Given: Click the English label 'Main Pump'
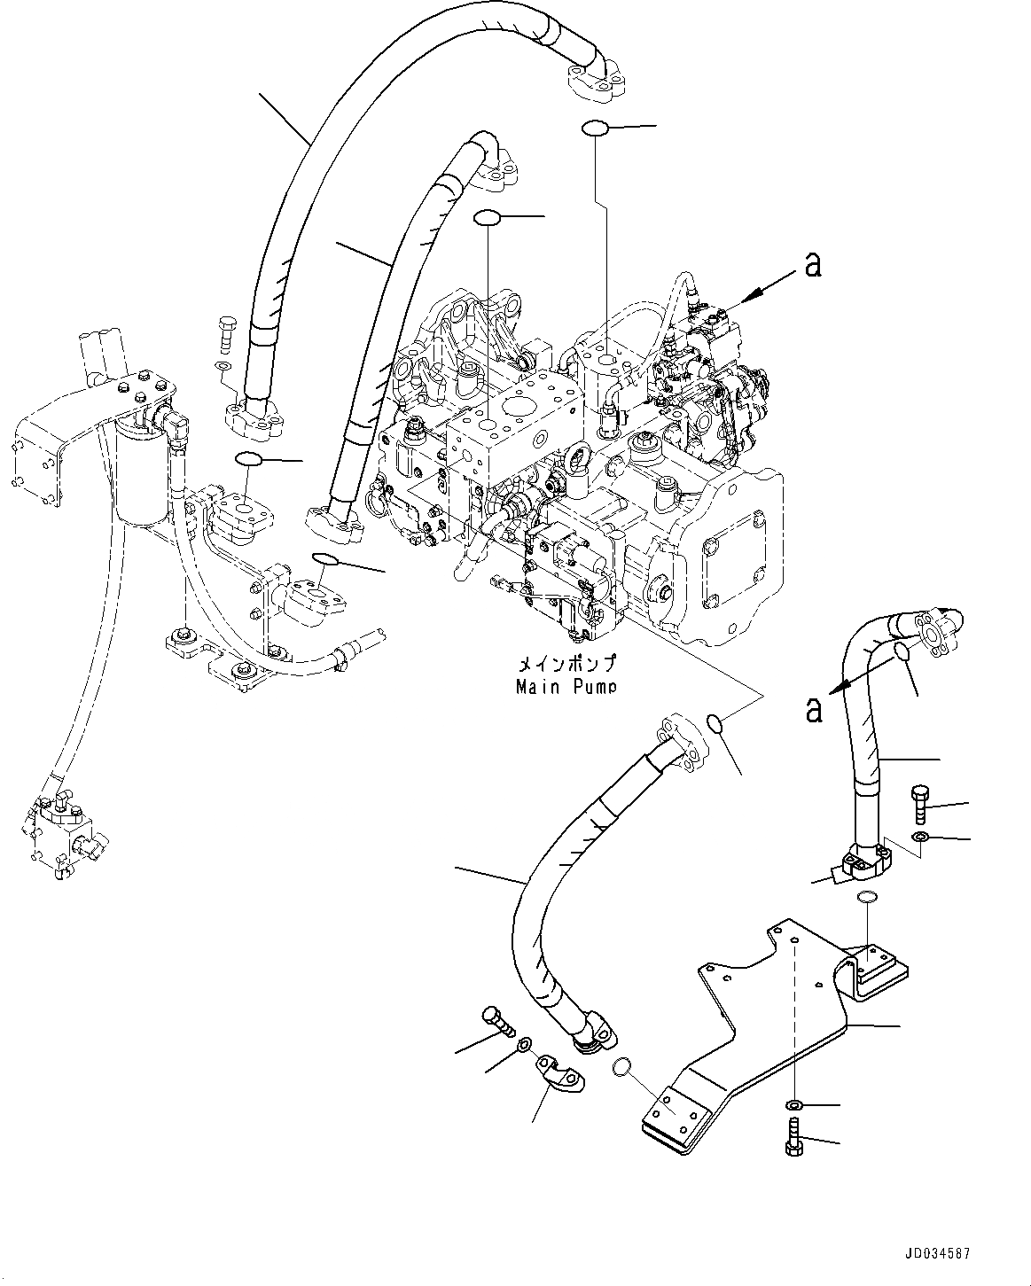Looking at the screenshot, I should click(x=566, y=687).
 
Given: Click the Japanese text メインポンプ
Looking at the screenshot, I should click(x=566, y=665).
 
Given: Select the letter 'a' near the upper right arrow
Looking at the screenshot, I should click(x=811, y=263).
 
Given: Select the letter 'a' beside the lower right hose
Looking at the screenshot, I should click(x=813, y=708).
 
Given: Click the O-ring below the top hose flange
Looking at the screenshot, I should click(x=595, y=129).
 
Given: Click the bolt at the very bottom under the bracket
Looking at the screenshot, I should click(x=793, y=1136).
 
